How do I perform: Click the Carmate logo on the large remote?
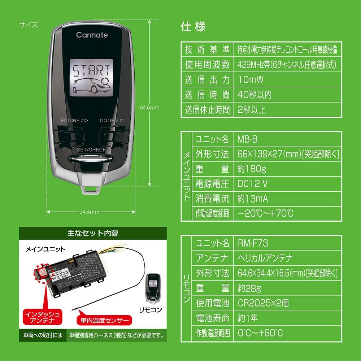[92, 35]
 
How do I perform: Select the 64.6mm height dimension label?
[149, 107]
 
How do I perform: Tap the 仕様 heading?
[193, 27]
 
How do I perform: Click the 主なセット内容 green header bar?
[93, 233]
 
